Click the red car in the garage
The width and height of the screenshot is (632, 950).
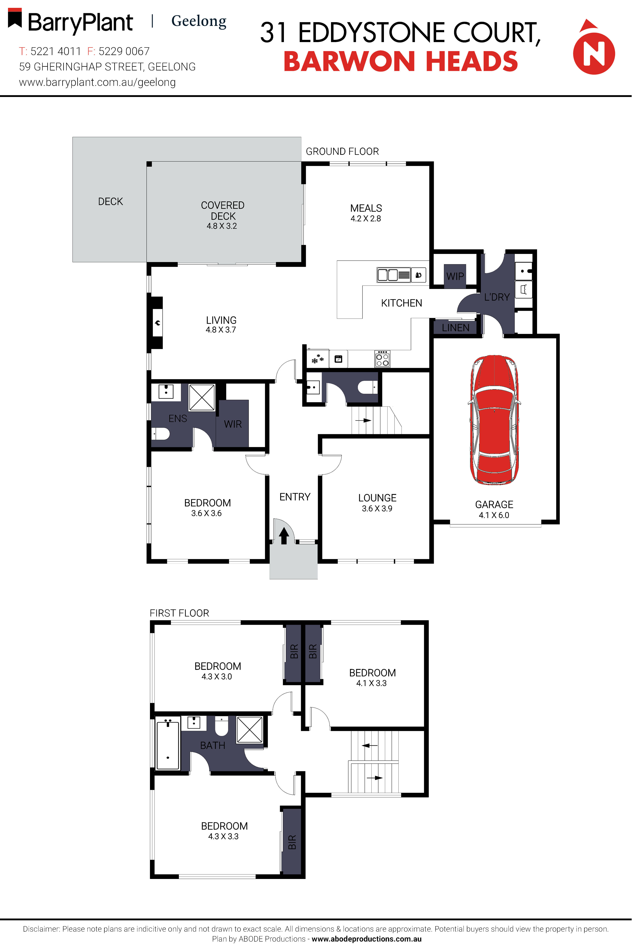click(x=494, y=420)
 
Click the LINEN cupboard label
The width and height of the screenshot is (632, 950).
click(x=455, y=328)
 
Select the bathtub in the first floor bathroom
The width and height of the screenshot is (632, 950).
click(x=168, y=746)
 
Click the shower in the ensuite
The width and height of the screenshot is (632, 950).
click(x=202, y=398)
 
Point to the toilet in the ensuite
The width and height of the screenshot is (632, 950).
click(x=161, y=434)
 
